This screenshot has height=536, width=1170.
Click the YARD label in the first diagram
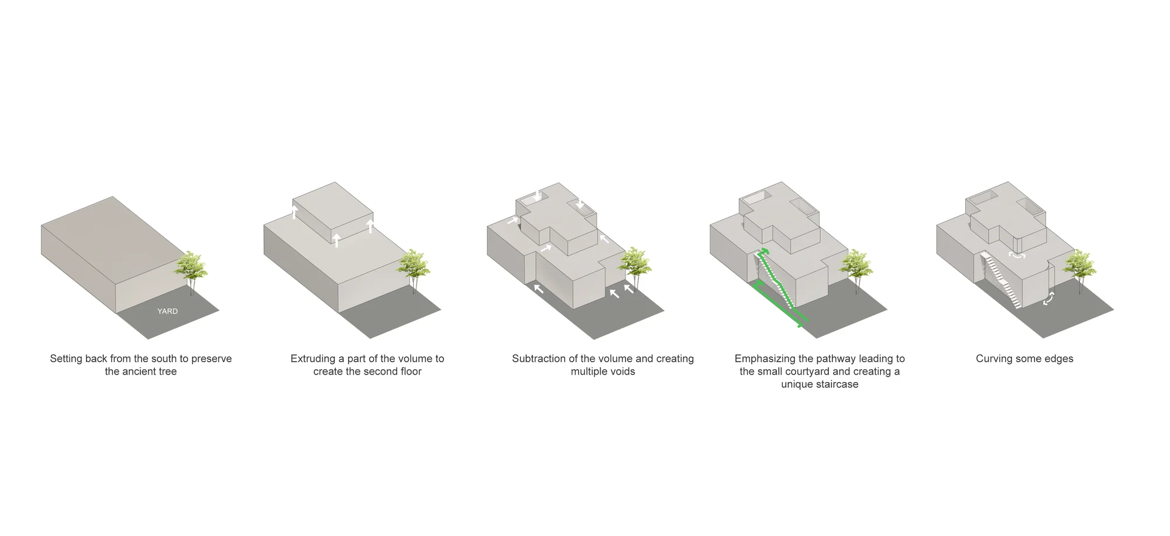pyautogui.click(x=167, y=311)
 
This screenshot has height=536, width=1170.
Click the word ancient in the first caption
pyautogui.click(x=140, y=372)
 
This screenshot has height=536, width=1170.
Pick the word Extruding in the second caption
pyautogui.click(x=313, y=359)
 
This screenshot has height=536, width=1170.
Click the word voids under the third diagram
pyautogui.click(x=622, y=372)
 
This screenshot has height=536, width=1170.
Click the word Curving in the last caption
pyautogui.click(x=994, y=359)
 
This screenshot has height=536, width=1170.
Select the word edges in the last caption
pyautogui.click(x=1059, y=359)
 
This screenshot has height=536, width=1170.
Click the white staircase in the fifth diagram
pyautogui.click(x=1002, y=280)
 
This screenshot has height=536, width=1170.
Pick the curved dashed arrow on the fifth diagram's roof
pyautogui.click(x=1017, y=256)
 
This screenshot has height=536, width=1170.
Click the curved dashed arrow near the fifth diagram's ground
pyautogui.click(x=1050, y=298)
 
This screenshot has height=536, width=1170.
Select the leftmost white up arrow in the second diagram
pyautogui.click(x=294, y=211)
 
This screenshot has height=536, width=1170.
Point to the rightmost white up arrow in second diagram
pyautogui.click(x=370, y=226)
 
